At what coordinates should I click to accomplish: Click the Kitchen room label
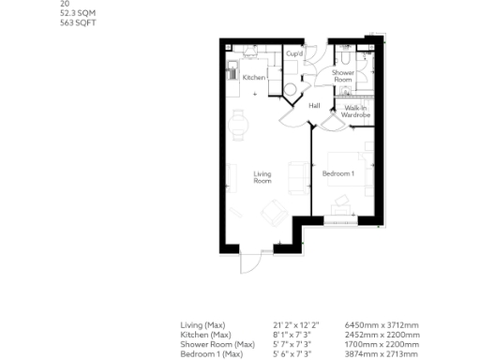tap(253, 77)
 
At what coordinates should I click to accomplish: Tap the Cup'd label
tap(293, 54)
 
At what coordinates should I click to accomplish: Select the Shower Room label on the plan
tap(342, 76)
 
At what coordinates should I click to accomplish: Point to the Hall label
tap(315, 105)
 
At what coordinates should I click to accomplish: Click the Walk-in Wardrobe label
tap(356, 112)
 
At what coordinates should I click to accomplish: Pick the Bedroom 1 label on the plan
tap(337, 173)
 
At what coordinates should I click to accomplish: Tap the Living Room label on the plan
tap(262, 176)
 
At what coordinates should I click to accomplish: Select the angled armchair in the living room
tap(272, 212)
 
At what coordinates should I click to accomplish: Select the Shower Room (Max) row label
tap(217, 341)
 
